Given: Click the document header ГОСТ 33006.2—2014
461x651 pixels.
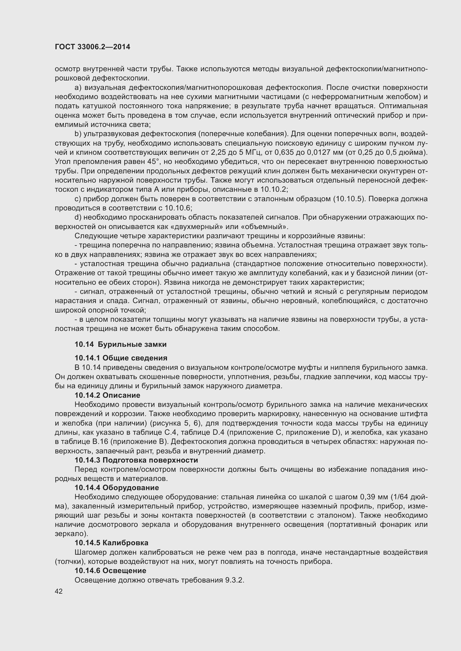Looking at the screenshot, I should pyautogui.click(x=93, y=47).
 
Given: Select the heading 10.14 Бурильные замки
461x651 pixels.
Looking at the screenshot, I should pyautogui.click(x=120, y=344).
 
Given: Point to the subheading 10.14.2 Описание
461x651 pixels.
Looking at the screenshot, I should pyautogui.click(x=107, y=395).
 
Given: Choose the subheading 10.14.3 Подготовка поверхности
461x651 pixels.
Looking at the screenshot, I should pyautogui.click(x=136, y=460).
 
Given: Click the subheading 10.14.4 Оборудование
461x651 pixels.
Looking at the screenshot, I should pyautogui.click(x=117, y=488).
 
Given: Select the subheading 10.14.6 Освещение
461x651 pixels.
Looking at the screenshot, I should pyautogui.click(x=110, y=571).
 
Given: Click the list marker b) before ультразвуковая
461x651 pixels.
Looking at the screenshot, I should pyautogui.click(x=78, y=134).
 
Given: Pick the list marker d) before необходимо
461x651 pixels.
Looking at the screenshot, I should pyautogui.click(x=78, y=217).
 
